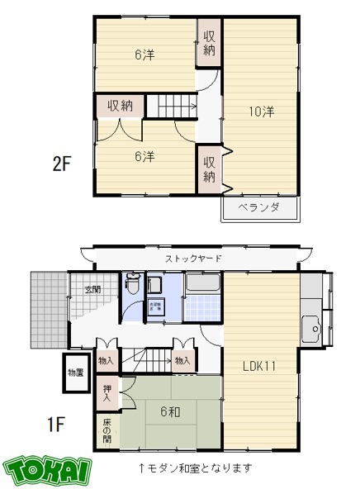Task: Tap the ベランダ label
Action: tap(259, 207)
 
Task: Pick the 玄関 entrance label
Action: tap(92, 290)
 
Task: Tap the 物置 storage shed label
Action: tap(76, 373)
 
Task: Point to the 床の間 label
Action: tap(107, 430)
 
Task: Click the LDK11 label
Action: tap(259, 365)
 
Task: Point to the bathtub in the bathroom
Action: tap(201, 286)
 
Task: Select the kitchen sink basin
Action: tap(311, 328)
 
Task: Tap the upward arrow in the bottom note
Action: tap(142, 468)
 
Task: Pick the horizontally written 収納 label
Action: tap(120, 106)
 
